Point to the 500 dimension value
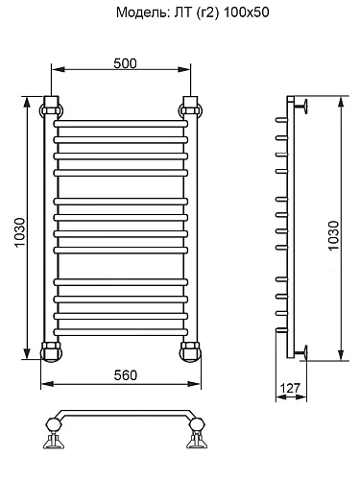[x=124, y=62]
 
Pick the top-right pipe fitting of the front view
[x=191, y=105]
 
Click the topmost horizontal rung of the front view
[x=121, y=124]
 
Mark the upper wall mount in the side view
[x=300, y=105]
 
